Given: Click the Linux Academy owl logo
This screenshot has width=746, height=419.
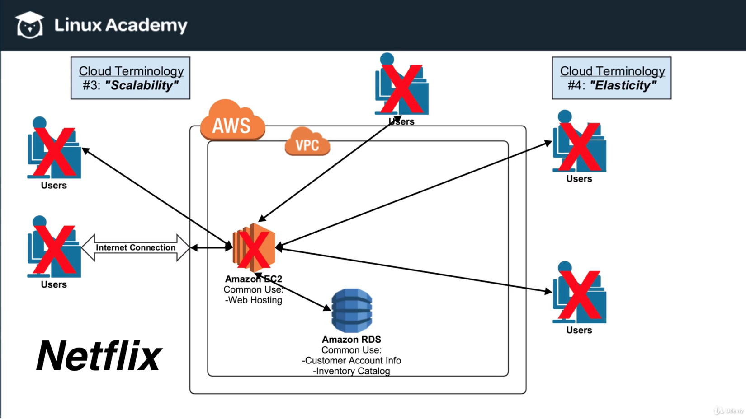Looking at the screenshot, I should click(30, 25).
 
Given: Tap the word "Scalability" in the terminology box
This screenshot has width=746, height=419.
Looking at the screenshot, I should click(142, 85).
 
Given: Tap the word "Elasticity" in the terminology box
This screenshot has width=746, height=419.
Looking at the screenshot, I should click(623, 85).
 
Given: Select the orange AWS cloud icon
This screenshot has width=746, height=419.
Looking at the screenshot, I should click(232, 121).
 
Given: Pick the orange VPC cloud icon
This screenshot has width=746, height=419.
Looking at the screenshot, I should click(307, 143).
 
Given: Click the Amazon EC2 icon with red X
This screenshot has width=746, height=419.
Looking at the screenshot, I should click(254, 247).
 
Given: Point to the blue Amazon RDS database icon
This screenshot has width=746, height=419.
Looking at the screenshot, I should click(352, 311).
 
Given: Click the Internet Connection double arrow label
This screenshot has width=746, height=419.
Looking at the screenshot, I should click(136, 247).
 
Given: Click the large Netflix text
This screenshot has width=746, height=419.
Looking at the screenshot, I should click(99, 356).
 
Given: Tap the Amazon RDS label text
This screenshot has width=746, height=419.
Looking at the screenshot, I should click(351, 340).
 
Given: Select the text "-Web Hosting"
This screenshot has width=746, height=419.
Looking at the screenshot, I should click(254, 300).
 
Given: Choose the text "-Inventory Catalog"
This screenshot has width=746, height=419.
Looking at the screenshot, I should click(351, 371).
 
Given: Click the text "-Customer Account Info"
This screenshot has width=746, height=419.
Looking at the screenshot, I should click(351, 361).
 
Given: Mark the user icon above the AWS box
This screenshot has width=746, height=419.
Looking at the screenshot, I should click(401, 86).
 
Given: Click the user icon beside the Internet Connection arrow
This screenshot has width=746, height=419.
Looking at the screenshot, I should click(54, 248).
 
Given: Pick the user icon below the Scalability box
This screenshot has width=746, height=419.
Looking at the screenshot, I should click(54, 149).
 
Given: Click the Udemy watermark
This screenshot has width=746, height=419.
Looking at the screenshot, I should click(729, 410).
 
